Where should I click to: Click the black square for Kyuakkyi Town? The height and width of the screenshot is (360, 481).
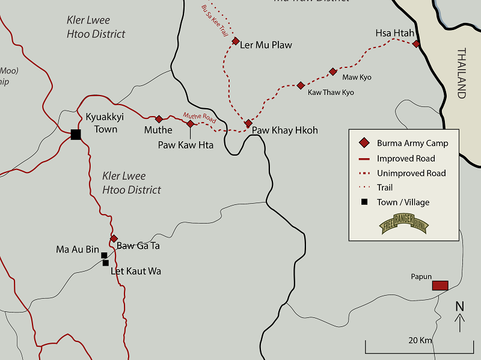click(76, 135)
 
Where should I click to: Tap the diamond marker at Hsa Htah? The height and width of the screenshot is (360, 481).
click(416, 43)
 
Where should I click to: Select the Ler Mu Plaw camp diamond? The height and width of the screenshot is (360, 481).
click(236, 41)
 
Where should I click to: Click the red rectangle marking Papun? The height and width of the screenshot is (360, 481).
click(440, 285)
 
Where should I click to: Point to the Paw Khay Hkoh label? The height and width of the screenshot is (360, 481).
click(284, 130)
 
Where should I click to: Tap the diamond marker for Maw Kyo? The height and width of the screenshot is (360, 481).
click(332, 72)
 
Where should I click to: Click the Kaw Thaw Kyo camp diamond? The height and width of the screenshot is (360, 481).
click(301, 85)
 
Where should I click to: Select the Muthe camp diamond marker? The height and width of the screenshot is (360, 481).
click(159, 119)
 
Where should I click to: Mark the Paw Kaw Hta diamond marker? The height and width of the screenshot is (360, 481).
click(190, 124)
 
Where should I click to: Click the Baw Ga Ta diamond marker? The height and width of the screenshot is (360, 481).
click(114, 239)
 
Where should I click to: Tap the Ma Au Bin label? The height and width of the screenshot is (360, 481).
click(77, 249)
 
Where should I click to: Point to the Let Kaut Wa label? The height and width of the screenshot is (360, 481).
click(136, 272)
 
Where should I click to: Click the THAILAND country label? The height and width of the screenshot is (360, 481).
click(461, 73)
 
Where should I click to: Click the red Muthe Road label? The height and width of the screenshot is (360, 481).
click(199, 116)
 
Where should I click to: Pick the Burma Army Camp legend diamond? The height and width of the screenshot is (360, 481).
click(363, 143)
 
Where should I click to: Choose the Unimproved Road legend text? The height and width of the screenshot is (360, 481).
click(411, 173)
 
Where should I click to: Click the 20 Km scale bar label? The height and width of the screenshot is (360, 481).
click(420, 340)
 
